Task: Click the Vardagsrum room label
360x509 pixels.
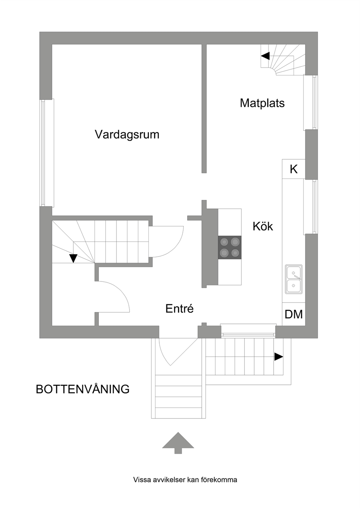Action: click(127, 135)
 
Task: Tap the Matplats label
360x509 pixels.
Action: click(262, 103)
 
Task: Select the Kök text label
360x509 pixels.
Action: click(263, 226)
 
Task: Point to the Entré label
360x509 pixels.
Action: click(179, 309)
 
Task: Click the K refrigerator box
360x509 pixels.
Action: click(294, 169)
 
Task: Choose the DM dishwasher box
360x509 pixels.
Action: click(294, 314)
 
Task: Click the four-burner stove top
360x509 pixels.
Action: click(230, 247)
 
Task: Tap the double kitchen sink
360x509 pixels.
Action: click(294, 279)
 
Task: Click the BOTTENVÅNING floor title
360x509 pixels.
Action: click(83, 389)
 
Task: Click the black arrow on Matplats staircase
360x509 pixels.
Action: click(265, 56)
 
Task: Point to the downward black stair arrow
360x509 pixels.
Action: click(73, 258)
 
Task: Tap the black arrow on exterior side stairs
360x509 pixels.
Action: click(279, 357)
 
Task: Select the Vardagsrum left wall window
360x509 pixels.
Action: click(47, 153)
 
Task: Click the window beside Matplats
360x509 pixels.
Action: click(311, 102)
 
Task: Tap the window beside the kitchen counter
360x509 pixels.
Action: click(311, 207)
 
